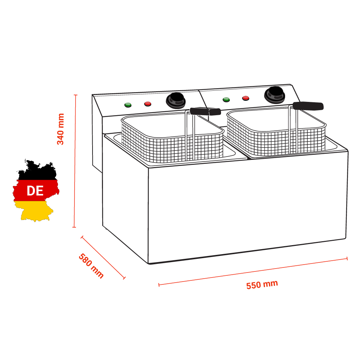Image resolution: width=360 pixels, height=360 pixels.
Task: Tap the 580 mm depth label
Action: [x=91, y=266]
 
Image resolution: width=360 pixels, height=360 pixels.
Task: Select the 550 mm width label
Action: [x=262, y=284]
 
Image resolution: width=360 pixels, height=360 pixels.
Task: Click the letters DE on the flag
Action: [x=35, y=191]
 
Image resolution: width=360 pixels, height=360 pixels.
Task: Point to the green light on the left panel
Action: [x=128, y=105]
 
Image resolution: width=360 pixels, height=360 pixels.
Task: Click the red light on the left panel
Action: [x=148, y=104]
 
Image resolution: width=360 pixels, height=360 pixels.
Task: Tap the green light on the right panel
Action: [x=226, y=99]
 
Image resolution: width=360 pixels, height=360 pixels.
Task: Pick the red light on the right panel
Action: [x=246, y=98]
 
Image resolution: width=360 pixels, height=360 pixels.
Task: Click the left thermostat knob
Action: [x=175, y=99]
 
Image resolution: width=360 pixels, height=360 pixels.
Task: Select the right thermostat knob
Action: [x=274, y=94]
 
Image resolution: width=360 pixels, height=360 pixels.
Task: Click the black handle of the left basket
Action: [x=205, y=111]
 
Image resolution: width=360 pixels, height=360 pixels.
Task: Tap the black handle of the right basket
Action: [x=308, y=106]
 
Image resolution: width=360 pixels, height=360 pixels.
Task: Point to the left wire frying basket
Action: [x=169, y=142]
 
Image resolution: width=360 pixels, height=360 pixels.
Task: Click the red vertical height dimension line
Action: [x=75, y=162]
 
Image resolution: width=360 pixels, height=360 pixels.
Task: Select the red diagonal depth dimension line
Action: [x=103, y=257]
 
